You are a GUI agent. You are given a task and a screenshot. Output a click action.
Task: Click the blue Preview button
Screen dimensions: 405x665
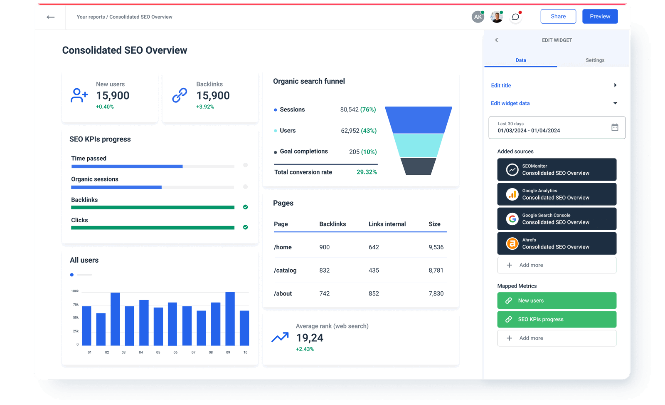[x=600, y=17]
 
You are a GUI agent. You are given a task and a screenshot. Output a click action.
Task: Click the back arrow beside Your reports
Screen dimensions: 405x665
[x=51, y=17]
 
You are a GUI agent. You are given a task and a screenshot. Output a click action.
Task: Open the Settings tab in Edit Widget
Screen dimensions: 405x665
[x=595, y=60]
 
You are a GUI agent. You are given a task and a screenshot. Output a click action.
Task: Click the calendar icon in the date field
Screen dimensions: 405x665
[x=615, y=127]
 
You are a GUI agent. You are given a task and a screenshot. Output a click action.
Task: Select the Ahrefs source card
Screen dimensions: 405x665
[x=557, y=243]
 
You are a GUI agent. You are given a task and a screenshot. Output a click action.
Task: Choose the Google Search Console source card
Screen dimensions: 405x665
[x=557, y=219]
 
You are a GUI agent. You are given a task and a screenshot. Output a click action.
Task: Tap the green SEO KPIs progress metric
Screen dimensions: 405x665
[x=557, y=319]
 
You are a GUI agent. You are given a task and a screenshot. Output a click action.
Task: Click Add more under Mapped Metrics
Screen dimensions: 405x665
[x=557, y=338]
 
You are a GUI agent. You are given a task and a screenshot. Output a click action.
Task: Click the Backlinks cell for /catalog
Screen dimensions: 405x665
[x=324, y=271]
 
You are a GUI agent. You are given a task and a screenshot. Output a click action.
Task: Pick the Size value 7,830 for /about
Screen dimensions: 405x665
[x=436, y=293]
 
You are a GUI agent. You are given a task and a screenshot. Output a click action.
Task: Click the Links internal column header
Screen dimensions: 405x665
[x=387, y=224]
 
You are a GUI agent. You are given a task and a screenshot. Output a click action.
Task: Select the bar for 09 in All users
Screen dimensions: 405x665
[x=230, y=319]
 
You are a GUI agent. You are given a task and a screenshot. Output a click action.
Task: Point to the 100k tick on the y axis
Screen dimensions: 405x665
[x=75, y=291]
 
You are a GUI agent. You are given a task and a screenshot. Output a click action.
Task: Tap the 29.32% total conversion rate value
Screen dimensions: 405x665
[x=367, y=172]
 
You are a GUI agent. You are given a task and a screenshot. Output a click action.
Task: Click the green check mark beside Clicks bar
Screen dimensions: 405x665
[x=245, y=227]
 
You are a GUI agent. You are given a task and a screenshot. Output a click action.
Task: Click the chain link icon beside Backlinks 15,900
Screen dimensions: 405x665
[x=180, y=95]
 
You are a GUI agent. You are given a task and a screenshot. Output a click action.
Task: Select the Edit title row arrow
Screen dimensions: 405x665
[x=615, y=85]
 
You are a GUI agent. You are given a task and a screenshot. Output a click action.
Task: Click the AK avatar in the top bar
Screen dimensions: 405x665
[x=478, y=17]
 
